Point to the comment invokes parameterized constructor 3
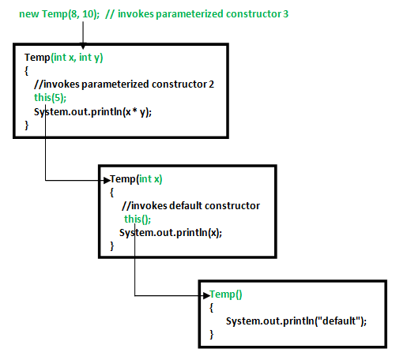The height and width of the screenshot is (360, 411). [198, 14]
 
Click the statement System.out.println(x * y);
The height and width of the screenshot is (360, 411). [92, 112]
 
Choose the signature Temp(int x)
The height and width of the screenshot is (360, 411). [136, 178]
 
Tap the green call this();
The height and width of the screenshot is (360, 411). [136, 219]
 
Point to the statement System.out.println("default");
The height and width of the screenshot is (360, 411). [297, 321]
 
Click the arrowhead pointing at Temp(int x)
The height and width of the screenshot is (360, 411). [105, 180]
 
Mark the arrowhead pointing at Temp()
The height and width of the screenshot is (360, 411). [205, 295]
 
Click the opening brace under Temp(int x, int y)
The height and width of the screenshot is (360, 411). [26, 71]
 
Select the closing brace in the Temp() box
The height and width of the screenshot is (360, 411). [212, 336]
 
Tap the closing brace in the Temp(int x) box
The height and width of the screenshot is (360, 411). [112, 246]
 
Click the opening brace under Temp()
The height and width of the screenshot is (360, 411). [212, 307]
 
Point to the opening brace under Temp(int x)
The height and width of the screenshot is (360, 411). [112, 192]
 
